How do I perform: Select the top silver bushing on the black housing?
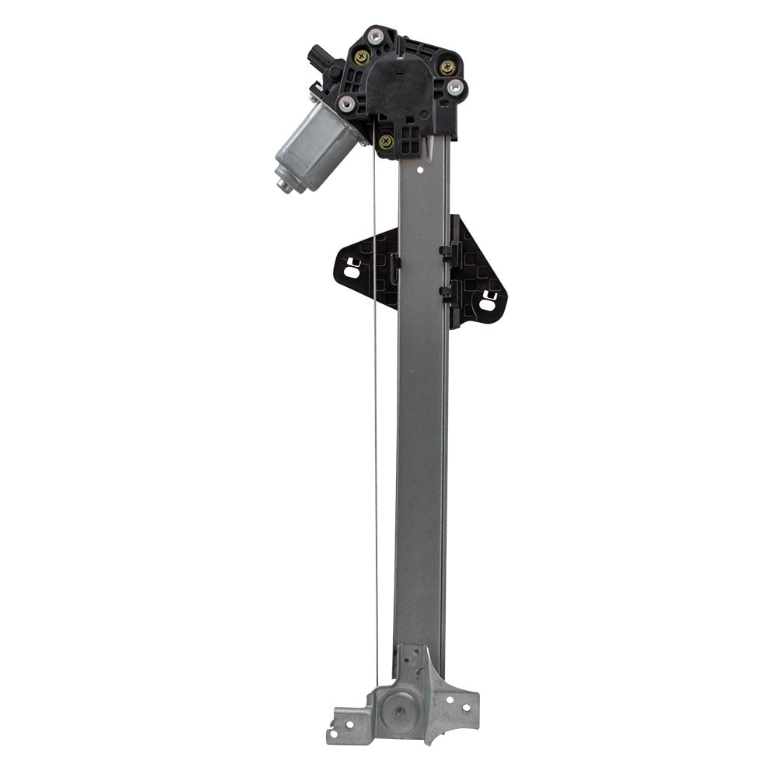click(375, 34)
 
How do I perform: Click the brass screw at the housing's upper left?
click(362, 56)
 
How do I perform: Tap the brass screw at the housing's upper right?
click(447, 67)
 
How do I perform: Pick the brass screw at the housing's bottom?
click(385, 141)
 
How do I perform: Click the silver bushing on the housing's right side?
click(456, 86)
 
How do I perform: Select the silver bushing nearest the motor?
click(347, 103)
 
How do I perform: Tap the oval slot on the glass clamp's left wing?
click(352, 272)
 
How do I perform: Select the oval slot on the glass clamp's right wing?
click(488, 303)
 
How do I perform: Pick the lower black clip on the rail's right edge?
click(446, 293)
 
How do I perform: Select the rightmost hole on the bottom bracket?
click(468, 709)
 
